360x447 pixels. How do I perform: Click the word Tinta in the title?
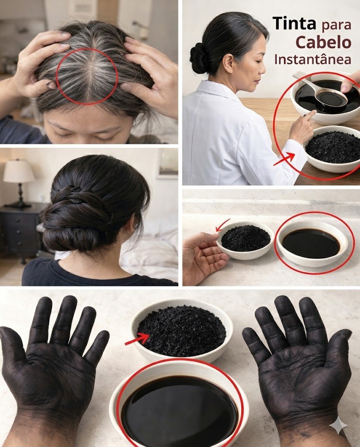[294, 23]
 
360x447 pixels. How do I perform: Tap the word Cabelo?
[323, 42]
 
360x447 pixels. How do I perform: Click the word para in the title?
[336, 25]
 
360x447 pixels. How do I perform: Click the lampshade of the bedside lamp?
[19, 171]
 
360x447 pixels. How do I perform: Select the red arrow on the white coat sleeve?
[284, 158]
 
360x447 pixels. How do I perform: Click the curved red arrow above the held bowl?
[223, 225]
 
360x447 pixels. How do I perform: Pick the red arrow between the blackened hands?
[137, 339]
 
